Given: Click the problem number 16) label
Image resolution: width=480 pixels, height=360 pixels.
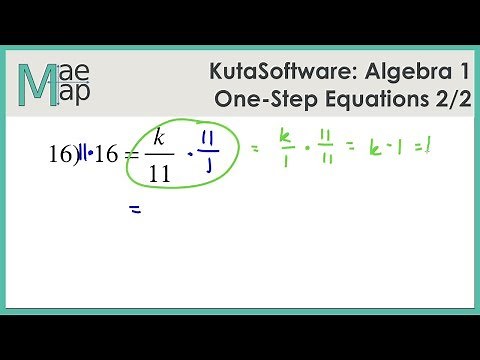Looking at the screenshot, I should tap(63, 155).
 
